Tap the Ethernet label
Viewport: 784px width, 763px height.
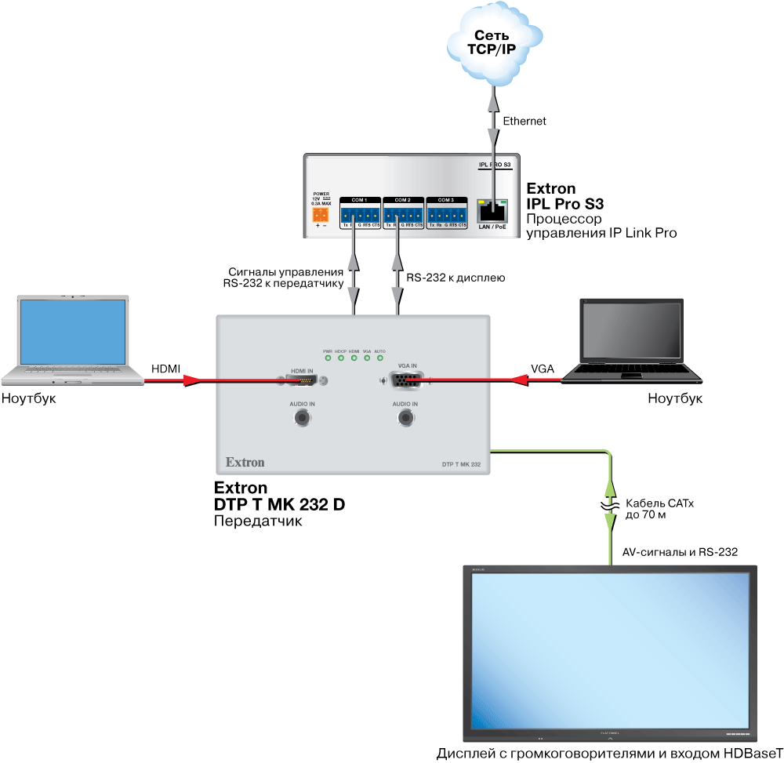click(x=524, y=121)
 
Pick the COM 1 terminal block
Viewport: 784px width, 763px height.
click(x=360, y=213)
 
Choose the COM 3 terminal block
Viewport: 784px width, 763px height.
click(x=446, y=213)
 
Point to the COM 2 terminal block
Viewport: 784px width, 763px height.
click(x=403, y=213)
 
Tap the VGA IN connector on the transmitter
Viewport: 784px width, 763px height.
click(x=405, y=381)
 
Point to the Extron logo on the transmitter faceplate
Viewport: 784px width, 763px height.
click(x=245, y=462)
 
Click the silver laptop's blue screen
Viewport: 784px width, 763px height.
click(x=74, y=333)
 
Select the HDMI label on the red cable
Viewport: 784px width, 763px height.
click(x=166, y=368)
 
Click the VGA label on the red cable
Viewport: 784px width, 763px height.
click(x=543, y=368)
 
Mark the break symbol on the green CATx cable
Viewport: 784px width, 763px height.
click(x=611, y=506)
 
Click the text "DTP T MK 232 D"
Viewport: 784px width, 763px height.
click(x=279, y=504)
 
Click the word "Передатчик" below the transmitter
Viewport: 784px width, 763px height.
click(x=257, y=521)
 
